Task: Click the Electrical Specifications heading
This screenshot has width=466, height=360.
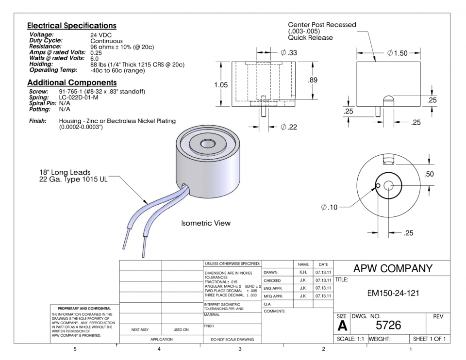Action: pos(71,25)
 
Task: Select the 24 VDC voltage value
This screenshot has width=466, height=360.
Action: pos(101,35)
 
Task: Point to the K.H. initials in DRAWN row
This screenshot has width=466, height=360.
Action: pos(303,272)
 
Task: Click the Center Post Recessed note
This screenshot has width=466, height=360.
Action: pos(322,25)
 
